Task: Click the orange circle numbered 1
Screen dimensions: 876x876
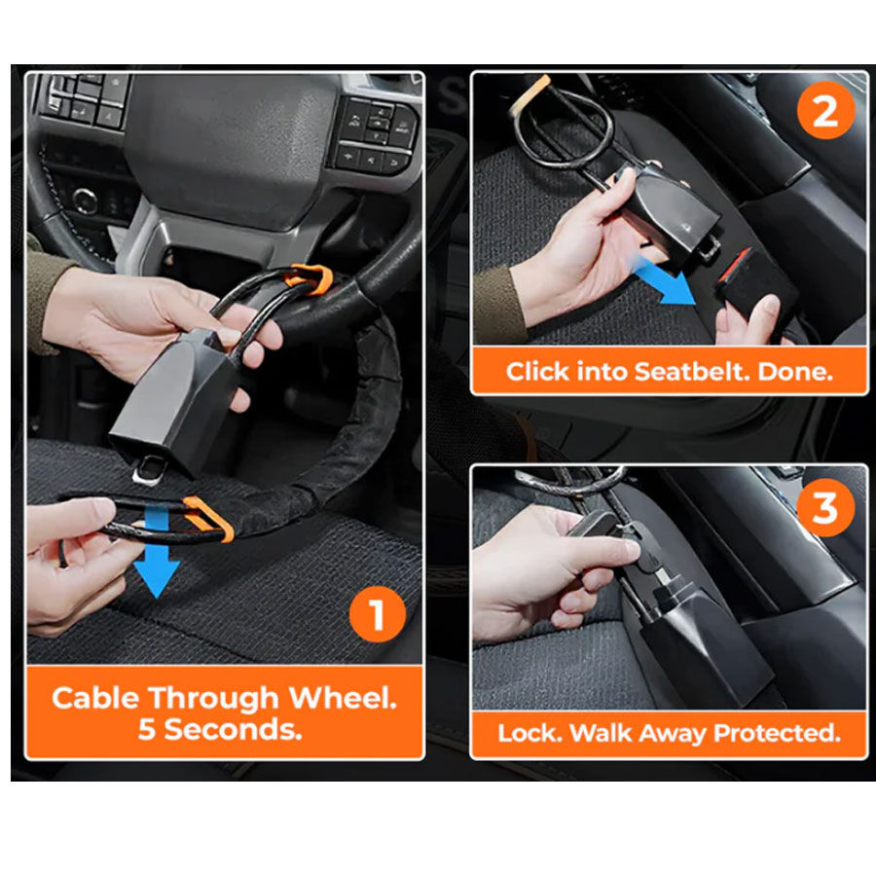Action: pos(377,614)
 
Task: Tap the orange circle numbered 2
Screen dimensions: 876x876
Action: pos(825,111)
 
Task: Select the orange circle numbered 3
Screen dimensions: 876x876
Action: pos(825,507)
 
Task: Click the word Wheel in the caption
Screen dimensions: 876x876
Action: pos(343,698)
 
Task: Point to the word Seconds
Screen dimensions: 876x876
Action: pos(233,730)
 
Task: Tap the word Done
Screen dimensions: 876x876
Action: pos(795,372)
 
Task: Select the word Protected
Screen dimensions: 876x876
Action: pos(777,733)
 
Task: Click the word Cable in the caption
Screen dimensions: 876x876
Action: pos(95,698)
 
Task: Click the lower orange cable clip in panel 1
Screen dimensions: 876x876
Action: pos(208,519)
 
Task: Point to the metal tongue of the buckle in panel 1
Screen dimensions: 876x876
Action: pos(149,469)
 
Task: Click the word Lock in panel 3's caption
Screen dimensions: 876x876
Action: pos(529,733)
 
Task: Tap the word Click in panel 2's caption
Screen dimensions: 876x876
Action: pos(537,372)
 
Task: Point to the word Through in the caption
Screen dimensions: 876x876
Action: pos(213,698)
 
